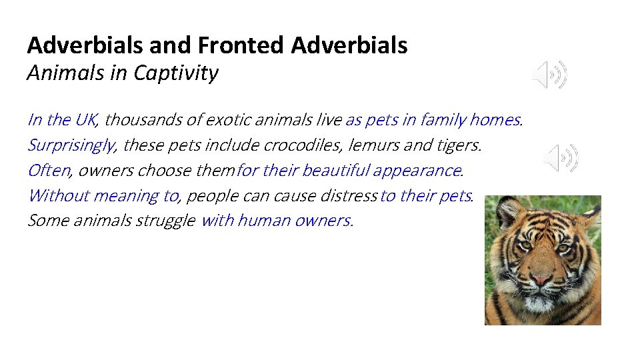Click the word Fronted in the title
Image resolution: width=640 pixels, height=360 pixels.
[x=241, y=45]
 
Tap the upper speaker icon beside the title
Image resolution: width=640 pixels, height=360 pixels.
[x=550, y=75]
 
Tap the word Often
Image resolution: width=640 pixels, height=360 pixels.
[x=48, y=171]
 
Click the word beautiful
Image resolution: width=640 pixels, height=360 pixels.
[x=336, y=171]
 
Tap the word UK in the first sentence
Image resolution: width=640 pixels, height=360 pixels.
[x=86, y=120]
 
